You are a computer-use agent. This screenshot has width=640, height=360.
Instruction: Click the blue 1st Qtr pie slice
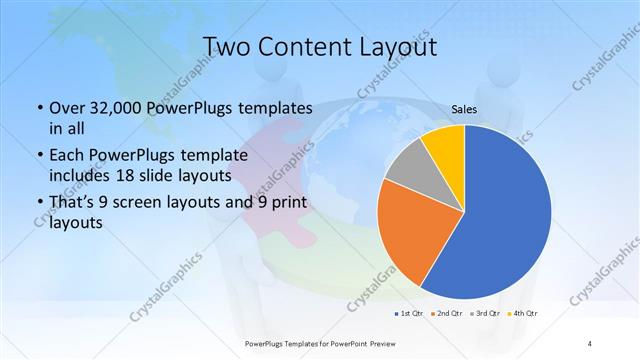coord(505,215)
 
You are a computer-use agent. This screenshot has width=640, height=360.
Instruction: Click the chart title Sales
coord(463,109)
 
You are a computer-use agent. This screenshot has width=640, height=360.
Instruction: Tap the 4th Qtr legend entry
coord(526,314)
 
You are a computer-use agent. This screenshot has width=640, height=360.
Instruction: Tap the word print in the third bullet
coord(286,202)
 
